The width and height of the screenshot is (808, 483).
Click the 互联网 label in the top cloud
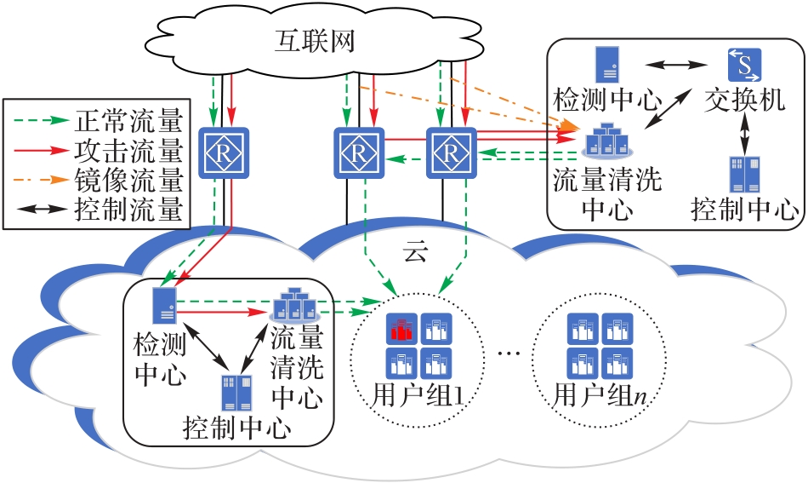313,40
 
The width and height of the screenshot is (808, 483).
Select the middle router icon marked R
358,153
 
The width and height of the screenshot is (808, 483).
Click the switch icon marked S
743,65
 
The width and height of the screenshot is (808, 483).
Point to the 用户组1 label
417,396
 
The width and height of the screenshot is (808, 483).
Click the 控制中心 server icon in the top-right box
743,174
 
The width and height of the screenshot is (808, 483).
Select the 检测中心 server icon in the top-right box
606,65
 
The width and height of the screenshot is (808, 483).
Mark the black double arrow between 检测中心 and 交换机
676,64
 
